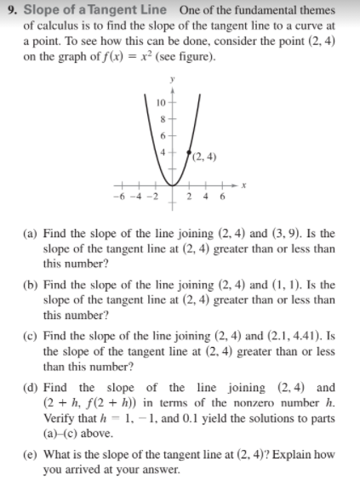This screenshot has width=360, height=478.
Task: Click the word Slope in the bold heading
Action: pyautogui.click(x=41, y=9)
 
